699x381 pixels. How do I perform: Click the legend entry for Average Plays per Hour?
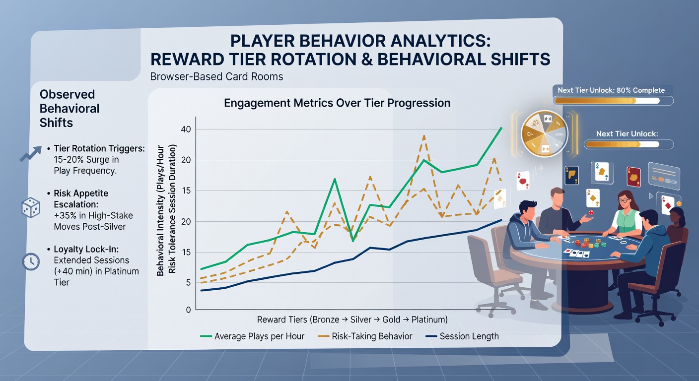pyautogui.click(x=252, y=336)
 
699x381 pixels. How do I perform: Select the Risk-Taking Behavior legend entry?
pyautogui.click(x=365, y=336)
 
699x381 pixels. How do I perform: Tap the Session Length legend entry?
pyautogui.click(x=462, y=336)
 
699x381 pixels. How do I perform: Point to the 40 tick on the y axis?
pyautogui.click(x=186, y=129)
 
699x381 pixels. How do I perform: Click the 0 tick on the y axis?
pyautogui.click(x=188, y=310)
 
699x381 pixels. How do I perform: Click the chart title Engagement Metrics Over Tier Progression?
pyautogui.click(x=337, y=103)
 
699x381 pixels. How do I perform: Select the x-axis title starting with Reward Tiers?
pyautogui.click(x=352, y=319)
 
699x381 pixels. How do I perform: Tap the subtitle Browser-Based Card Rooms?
pyautogui.click(x=216, y=77)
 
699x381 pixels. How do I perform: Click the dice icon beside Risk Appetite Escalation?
pyautogui.click(x=31, y=207)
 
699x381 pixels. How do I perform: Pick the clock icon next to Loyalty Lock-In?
pyautogui.click(x=31, y=261)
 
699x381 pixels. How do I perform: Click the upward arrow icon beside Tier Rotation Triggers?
pyautogui.click(x=31, y=154)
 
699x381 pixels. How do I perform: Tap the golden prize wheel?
pyautogui.click(x=545, y=133)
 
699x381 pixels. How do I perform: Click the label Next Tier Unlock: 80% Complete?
pyautogui.click(x=611, y=90)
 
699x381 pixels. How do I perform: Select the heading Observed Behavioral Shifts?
pyautogui.click(x=70, y=109)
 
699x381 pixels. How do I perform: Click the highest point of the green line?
pyautogui.click(x=501, y=127)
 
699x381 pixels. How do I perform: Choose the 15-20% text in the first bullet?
pyautogui.click(x=69, y=160)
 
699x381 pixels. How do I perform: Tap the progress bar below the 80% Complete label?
pyautogui.click(x=613, y=101)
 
